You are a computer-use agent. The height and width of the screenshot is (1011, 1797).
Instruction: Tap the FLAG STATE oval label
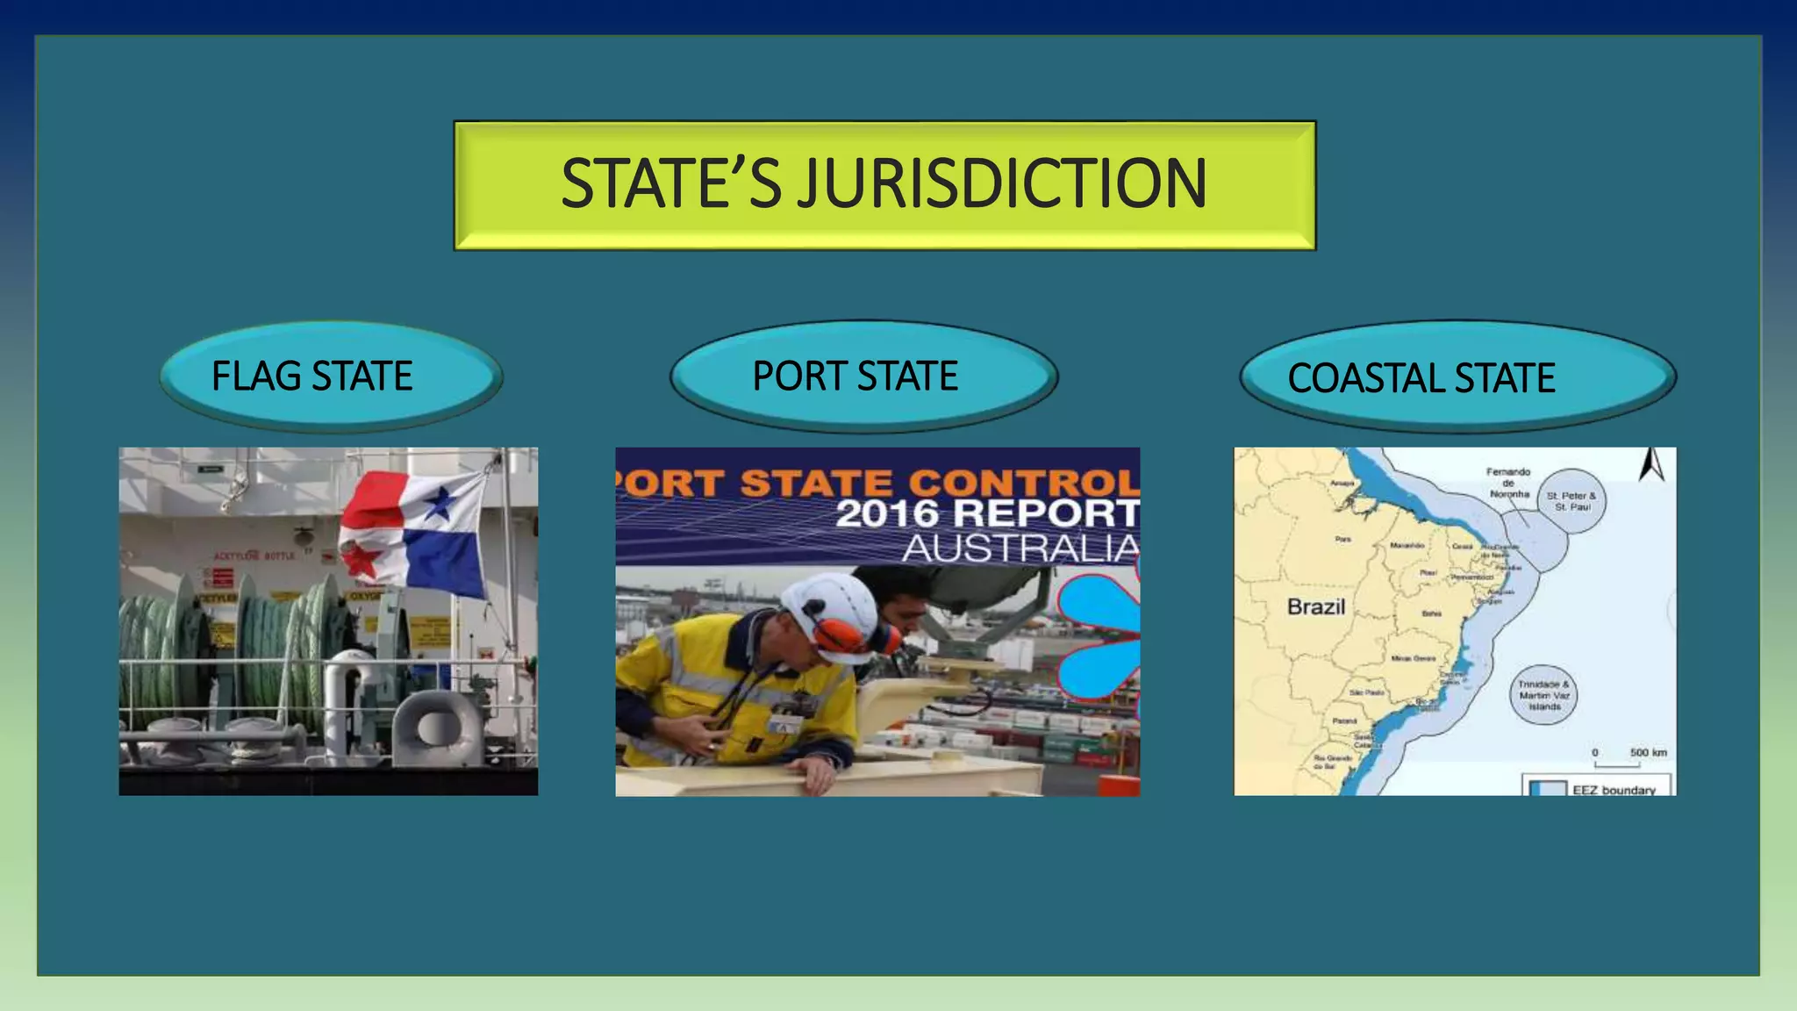pyautogui.click(x=312, y=376)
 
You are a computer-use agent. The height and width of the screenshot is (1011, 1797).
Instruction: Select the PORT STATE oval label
pyautogui.click(x=856, y=376)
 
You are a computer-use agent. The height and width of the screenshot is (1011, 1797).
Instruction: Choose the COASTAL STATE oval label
pyautogui.click(x=1421, y=378)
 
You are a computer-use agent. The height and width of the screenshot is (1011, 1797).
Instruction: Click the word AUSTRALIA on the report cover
pyautogui.click(x=1020, y=549)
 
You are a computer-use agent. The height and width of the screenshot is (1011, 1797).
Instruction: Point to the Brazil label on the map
pyautogui.click(x=1315, y=606)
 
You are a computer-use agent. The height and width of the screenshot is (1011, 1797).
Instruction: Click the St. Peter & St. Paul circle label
pyautogui.click(x=1571, y=501)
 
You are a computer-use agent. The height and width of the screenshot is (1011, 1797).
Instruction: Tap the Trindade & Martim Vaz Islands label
pyautogui.click(x=1544, y=695)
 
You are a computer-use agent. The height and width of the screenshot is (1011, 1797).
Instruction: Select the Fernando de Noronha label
pyautogui.click(x=1508, y=483)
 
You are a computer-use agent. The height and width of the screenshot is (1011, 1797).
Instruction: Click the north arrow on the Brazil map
pyautogui.click(x=1652, y=465)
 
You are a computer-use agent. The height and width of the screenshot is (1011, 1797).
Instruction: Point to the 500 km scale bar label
pyautogui.click(x=1648, y=753)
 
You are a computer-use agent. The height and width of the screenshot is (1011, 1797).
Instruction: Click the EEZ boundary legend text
pyautogui.click(x=1614, y=790)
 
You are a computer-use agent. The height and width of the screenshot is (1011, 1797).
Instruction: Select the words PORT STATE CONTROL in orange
pyautogui.click(x=877, y=483)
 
